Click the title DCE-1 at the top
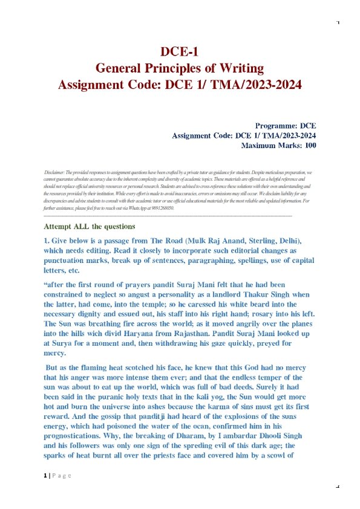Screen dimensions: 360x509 coord(180,51)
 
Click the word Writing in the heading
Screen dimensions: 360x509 coord(241,67)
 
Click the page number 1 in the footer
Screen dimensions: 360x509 coord(45,476)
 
